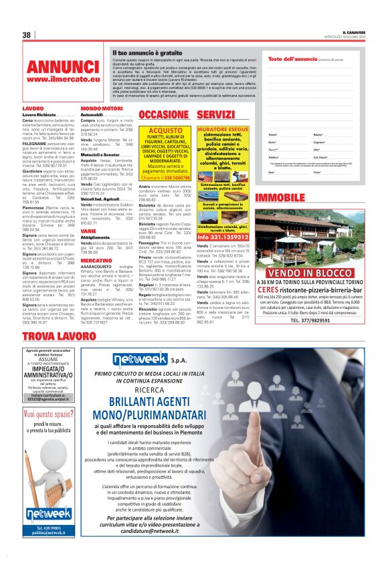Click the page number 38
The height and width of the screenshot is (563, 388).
point(27,35)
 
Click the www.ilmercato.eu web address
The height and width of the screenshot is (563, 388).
point(63,80)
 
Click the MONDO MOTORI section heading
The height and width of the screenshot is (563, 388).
point(101,108)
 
